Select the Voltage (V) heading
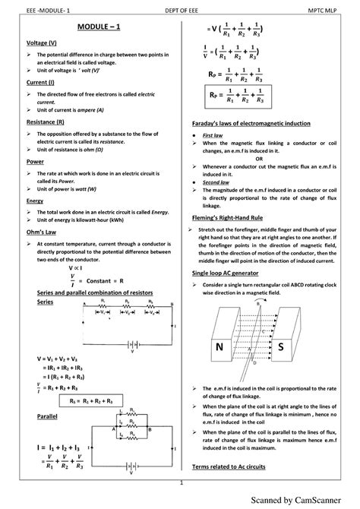coord(43,43)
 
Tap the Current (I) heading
coord(42,81)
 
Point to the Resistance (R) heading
coord(46,121)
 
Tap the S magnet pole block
coord(280,346)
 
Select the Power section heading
coord(36,161)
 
